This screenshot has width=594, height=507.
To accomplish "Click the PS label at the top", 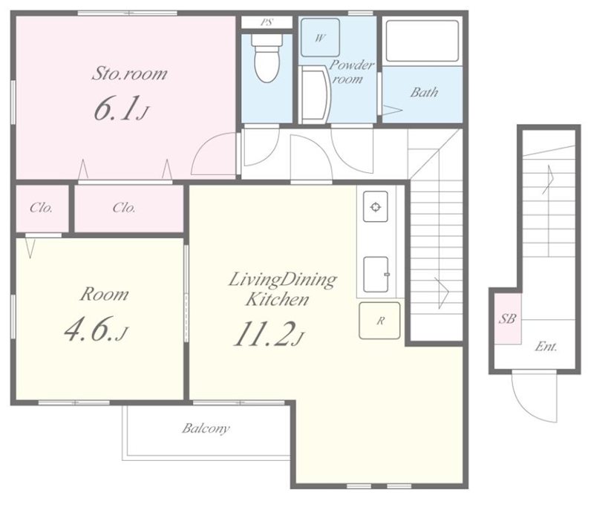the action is point(267,22).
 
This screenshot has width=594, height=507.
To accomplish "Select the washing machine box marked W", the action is point(320,37).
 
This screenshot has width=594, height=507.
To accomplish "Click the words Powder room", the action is point(350,71).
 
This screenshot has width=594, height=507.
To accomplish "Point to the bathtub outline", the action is point(422,41).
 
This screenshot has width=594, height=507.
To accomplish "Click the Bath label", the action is point(424,92).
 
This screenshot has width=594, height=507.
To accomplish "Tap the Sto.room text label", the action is point(129,73).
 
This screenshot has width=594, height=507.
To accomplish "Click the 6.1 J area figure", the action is point(121,108).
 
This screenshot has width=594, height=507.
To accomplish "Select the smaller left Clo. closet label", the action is point(42,208).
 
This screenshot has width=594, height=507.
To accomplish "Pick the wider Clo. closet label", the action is point(124,208).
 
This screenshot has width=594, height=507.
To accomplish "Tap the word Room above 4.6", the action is point(104,294).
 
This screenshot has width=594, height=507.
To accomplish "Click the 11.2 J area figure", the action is point(269,334).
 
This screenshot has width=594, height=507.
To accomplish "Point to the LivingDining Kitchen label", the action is point(282,289).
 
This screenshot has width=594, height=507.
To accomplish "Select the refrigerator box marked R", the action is point(379,321).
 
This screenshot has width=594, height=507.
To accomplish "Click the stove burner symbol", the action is point(376,207).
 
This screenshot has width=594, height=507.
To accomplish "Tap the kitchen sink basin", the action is point(376,275).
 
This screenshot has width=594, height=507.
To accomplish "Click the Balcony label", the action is point(206,428).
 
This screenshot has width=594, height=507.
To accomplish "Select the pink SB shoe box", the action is point(507,318).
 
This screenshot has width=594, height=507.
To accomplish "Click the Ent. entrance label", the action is point(546,347).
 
